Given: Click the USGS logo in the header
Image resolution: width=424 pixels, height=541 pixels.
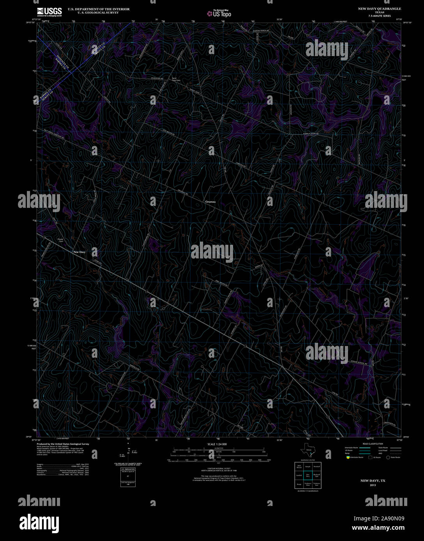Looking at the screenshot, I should tap(49, 12).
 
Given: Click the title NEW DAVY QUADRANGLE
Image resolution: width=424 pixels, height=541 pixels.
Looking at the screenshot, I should tap(379, 9).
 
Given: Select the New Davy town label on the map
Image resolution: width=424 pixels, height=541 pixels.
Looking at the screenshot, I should tap(79, 252).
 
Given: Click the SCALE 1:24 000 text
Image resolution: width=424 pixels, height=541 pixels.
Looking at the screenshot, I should tap(217, 444).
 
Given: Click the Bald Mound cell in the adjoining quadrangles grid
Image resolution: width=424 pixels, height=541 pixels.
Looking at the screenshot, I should tap(299, 466).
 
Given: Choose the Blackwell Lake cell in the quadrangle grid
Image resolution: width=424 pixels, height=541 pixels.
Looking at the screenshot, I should tap(316, 475).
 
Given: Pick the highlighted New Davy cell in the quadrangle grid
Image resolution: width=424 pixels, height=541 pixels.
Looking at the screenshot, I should tap(308, 475).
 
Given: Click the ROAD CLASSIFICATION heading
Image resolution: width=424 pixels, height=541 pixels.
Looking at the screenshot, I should tap(373, 444).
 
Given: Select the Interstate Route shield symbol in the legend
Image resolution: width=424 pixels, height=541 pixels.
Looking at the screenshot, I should tap(347, 457).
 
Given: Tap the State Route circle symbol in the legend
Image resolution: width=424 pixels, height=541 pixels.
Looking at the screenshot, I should tap(388, 457).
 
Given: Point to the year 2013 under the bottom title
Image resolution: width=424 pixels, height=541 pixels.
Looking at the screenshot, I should tap(373, 485).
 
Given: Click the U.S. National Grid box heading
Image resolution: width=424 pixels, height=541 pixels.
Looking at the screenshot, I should tap(127, 470).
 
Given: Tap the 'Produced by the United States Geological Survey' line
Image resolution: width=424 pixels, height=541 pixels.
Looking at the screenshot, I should tap(63, 444).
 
